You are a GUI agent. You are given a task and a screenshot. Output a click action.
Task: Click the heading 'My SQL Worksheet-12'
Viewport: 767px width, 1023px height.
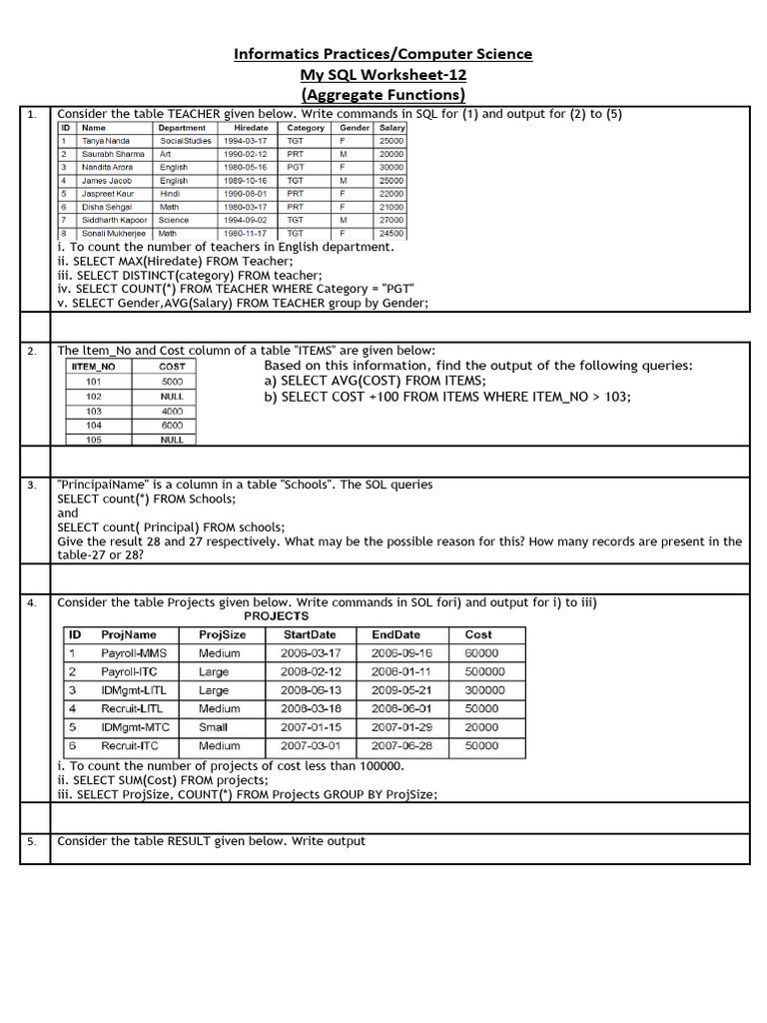click(383, 75)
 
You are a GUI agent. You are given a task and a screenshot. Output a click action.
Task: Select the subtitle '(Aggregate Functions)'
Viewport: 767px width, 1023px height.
click(383, 95)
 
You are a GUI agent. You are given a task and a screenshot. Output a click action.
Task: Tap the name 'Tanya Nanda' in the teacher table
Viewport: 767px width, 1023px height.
click(106, 142)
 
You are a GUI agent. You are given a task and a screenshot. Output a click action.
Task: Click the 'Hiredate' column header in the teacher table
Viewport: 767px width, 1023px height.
click(251, 128)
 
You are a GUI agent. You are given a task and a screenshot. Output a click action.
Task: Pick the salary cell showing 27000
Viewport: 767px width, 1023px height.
click(391, 220)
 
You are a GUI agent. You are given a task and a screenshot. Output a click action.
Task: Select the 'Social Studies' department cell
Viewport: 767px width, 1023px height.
click(186, 142)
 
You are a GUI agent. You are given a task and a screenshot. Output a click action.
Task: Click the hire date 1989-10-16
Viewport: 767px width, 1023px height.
click(245, 181)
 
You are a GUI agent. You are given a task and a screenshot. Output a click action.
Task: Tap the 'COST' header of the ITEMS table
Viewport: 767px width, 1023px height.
click(172, 367)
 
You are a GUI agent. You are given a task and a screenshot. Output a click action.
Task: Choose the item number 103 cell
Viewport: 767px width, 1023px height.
click(94, 411)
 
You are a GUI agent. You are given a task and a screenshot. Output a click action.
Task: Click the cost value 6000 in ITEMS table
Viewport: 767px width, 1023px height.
click(172, 425)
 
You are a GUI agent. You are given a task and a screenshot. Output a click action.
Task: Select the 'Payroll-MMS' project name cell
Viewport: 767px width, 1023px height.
click(134, 653)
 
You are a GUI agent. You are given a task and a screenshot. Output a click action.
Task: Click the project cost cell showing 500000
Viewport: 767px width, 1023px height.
click(485, 672)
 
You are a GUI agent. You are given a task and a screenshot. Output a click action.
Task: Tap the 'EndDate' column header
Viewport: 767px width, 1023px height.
click(395, 634)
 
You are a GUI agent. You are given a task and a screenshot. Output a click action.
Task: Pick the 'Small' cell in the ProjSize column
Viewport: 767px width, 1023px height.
click(213, 727)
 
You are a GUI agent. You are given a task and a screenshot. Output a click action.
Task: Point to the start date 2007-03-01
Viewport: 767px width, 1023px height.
click(311, 746)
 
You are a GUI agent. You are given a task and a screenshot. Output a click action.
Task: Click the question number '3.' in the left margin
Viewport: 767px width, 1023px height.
click(32, 486)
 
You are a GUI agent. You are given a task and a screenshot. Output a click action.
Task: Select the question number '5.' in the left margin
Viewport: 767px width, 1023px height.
click(32, 841)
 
